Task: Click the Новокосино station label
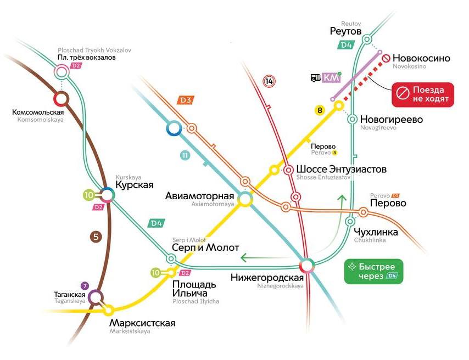(x=422, y=58)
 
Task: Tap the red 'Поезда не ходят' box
(x=422, y=94)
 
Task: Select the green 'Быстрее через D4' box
(x=373, y=271)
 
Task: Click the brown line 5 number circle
(x=96, y=237)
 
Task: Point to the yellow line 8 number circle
(x=319, y=111)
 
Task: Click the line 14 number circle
(x=269, y=81)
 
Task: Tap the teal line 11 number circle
(x=185, y=155)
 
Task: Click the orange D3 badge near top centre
(x=186, y=100)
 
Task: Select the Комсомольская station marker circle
(x=60, y=99)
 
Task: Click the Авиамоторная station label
(x=200, y=196)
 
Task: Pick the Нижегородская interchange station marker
(x=307, y=265)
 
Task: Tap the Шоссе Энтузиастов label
(x=341, y=169)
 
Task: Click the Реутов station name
(x=345, y=32)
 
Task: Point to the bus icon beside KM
(x=316, y=78)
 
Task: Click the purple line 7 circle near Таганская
(x=84, y=285)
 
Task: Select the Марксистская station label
(x=142, y=323)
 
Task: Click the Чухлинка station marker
(x=350, y=222)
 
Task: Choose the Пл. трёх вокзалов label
(x=86, y=58)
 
